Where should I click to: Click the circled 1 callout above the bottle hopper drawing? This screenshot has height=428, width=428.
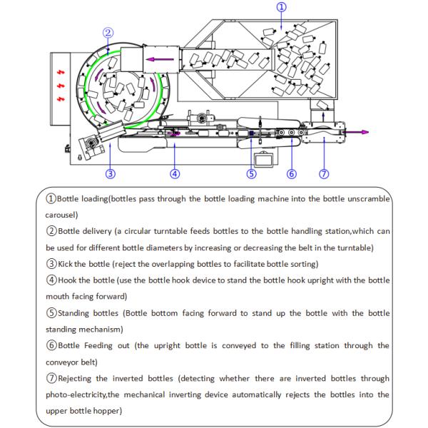[282, 6]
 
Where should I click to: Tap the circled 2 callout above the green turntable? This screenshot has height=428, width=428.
[108, 32]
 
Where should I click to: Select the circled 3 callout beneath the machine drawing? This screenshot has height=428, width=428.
[111, 172]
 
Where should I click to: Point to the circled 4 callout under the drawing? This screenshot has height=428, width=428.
[175, 173]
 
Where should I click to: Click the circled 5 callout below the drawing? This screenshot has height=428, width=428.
[251, 173]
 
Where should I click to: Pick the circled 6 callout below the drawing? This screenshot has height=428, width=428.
[292, 173]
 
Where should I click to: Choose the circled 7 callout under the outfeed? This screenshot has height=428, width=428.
[324, 173]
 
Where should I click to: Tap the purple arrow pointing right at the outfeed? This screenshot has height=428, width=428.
[355, 132]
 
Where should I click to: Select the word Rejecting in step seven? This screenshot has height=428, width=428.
[83, 378]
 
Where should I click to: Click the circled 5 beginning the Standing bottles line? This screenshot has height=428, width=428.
[51, 312]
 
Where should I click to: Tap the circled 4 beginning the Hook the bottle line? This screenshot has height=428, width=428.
[51, 280]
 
